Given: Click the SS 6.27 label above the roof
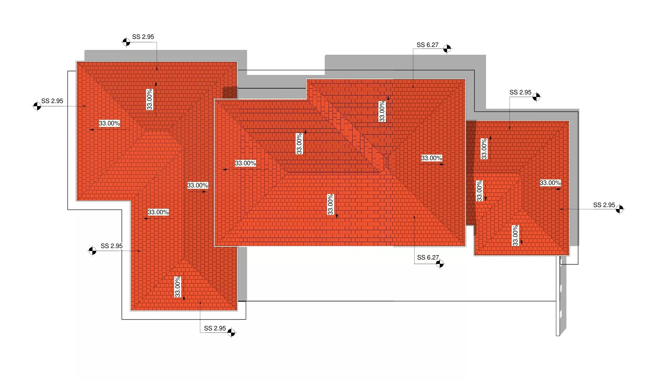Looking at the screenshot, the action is (427, 45).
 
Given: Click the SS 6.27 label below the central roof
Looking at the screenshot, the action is (428, 258).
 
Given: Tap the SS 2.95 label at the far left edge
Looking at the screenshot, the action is (52, 101).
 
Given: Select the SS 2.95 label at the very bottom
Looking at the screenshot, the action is (215, 328).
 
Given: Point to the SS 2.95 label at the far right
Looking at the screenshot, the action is (604, 205).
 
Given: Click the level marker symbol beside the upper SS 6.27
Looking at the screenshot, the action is (447, 49).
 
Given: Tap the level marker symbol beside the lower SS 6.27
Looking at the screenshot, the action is (440, 264).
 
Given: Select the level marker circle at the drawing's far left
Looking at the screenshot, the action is (37, 106).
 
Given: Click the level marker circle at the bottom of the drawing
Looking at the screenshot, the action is (231, 333).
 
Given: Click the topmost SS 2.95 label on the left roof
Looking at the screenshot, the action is (143, 37).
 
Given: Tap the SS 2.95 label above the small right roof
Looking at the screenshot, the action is (520, 92).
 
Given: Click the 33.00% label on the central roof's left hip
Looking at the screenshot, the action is (245, 163).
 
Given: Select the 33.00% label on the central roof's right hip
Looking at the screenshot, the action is (431, 158).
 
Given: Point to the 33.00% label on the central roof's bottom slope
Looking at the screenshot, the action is (330, 204).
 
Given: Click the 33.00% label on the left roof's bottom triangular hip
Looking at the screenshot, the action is (178, 287).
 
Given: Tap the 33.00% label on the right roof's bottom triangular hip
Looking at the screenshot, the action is (515, 235).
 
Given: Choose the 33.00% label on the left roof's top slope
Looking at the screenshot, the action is (150, 100).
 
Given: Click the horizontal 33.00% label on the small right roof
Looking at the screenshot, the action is (550, 183).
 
